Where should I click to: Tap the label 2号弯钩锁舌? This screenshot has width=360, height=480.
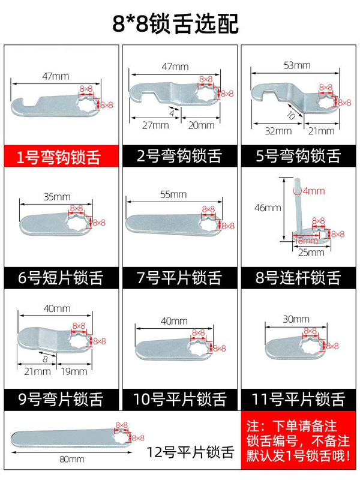coord(180,158)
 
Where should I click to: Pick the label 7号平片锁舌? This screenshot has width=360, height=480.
coord(180,278)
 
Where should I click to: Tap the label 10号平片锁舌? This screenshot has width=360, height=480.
coord(180,398)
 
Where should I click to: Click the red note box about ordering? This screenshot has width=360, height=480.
coord(298,442)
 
